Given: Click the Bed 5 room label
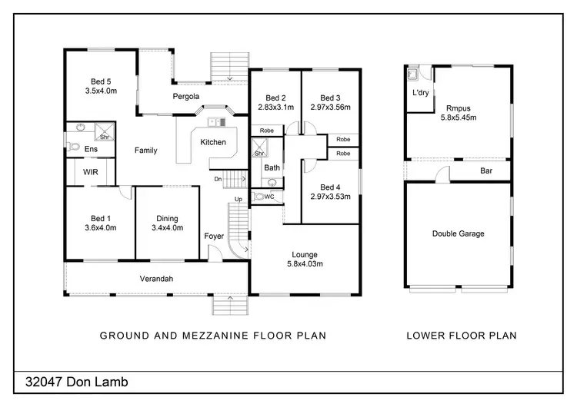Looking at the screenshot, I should click(98, 81).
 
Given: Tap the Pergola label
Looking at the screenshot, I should click(185, 96).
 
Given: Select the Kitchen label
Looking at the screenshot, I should click(213, 143).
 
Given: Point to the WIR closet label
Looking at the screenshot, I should click(90, 173).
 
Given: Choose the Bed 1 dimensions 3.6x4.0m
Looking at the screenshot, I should click(98, 227).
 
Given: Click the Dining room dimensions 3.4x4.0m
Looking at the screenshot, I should click(168, 227).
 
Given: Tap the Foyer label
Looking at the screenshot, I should click(214, 236).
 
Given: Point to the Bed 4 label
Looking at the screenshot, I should click(330, 187).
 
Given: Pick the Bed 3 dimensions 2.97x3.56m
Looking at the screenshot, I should click(330, 108).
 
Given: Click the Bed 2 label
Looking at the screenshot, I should click(275, 98).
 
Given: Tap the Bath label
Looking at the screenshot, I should click(272, 167).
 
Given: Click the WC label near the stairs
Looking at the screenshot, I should click(269, 197).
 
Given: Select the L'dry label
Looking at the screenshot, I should click(420, 93).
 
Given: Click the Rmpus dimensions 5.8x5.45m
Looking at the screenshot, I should click(459, 118).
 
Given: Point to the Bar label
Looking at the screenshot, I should click(486, 171).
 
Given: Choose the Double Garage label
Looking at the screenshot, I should click(459, 233).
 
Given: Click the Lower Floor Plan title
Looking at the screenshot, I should click(461, 336).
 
